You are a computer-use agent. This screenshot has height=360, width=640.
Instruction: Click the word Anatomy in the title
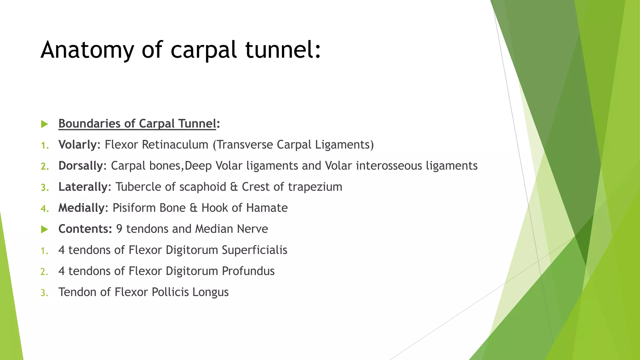click(x=87, y=50)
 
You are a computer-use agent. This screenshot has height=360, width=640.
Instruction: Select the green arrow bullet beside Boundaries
click(x=45, y=124)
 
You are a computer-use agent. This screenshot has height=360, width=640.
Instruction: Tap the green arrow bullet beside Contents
click(x=45, y=229)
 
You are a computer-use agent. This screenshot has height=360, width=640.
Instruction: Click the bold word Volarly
click(x=77, y=145)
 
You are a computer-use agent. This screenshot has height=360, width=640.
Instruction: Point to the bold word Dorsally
click(x=81, y=166)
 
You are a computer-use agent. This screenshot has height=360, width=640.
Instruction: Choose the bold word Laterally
click(x=83, y=187)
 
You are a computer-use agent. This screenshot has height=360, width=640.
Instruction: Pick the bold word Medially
click(x=81, y=208)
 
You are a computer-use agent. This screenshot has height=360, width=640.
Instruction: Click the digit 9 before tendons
click(x=119, y=229)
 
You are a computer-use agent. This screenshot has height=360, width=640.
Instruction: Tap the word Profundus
click(x=248, y=271)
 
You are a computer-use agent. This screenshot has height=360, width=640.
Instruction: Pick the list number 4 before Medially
click(x=44, y=208)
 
